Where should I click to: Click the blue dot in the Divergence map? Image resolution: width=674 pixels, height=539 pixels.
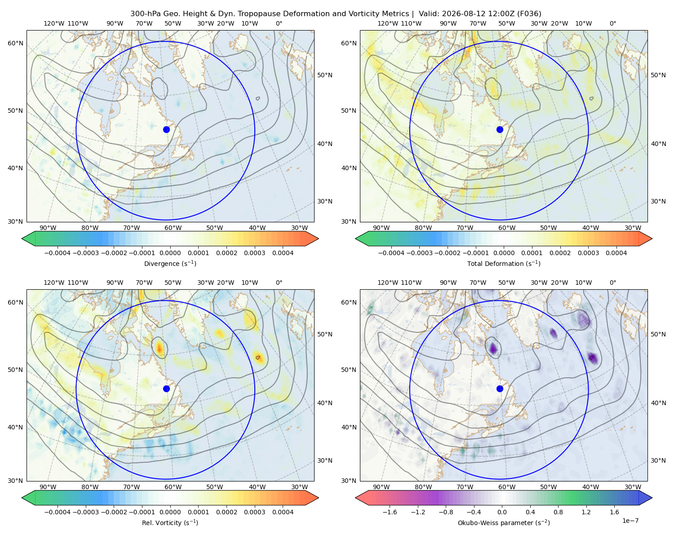point(166,129)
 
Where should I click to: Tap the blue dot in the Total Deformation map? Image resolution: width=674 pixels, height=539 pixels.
point(500,129)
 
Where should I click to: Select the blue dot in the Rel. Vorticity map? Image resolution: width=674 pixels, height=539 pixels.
point(166,389)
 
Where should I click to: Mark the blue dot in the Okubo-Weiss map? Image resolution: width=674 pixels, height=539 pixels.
point(500,389)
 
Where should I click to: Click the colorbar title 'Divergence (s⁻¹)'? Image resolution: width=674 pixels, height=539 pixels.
point(170,263)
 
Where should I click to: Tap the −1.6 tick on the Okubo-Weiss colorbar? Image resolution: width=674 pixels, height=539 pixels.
point(390,512)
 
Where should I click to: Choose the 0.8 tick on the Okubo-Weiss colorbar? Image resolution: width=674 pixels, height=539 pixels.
point(558,512)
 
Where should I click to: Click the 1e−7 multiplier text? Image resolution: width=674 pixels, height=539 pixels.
point(630,521)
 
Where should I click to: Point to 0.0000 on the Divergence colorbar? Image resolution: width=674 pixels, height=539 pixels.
point(170,253)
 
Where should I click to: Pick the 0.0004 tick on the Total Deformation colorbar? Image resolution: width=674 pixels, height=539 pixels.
point(616,253)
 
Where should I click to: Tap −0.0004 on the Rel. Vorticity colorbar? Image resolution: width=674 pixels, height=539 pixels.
point(58,512)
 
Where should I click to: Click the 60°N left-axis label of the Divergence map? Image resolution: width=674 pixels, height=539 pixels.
point(15,43)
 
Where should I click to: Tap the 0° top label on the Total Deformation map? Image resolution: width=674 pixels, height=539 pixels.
point(612,23)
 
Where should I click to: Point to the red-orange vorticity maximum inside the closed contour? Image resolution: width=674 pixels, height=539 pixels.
point(160,348)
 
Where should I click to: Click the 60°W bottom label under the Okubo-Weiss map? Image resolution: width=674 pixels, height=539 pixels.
point(507,487)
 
